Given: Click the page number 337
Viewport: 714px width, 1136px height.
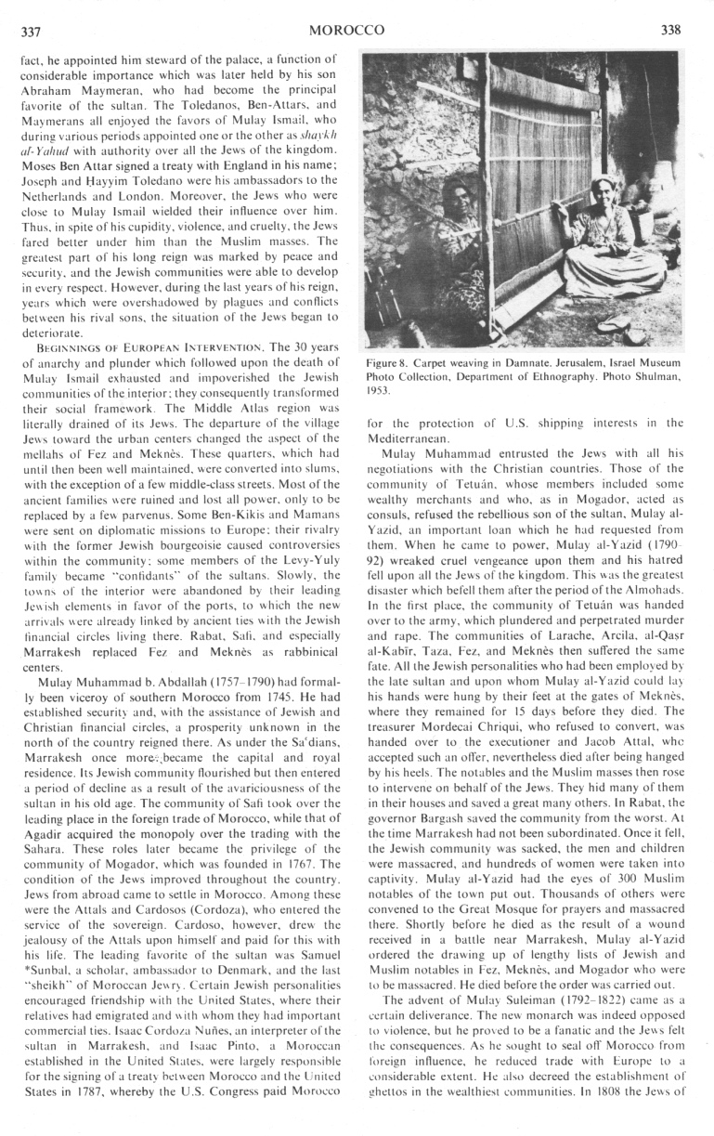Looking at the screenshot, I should (31, 31).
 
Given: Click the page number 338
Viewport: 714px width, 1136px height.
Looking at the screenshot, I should (670, 30).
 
